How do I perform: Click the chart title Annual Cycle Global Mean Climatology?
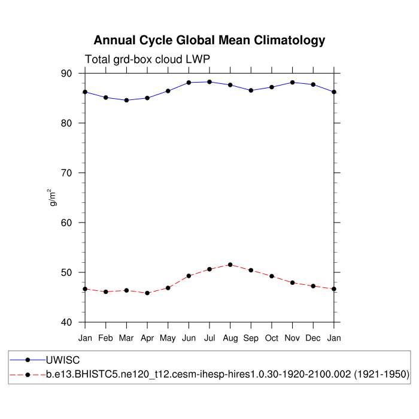(x=209, y=41)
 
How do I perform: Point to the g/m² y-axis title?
(x=53, y=198)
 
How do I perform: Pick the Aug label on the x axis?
(x=230, y=338)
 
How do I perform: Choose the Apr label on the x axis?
(x=147, y=338)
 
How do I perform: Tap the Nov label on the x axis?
(x=292, y=338)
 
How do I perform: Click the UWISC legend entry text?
(x=63, y=360)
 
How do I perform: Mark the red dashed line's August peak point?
(x=230, y=265)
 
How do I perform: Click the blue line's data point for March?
(x=126, y=100)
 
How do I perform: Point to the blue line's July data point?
(x=209, y=82)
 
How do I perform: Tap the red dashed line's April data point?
(x=147, y=293)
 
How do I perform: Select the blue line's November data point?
(x=292, y=83)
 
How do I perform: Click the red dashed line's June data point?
(x=189, y=276)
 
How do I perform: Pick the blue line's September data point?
(x=251, y=90)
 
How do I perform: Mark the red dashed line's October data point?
(x=272, y=276)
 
